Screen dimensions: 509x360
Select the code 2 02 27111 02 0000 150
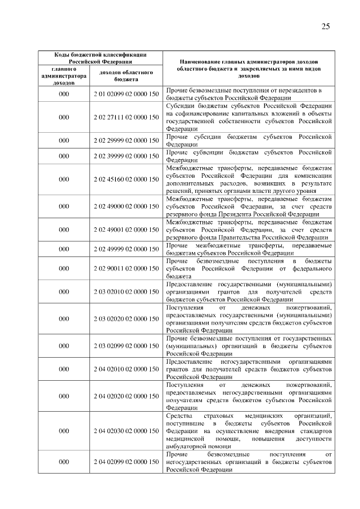pos(127,117)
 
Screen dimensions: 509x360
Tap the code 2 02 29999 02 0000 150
pos(127,140)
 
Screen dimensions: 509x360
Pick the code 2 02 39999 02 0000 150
pos(127,156)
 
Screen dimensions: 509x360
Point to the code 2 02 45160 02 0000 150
pos(127,179)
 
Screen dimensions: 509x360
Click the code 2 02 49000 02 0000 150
pos(127,206)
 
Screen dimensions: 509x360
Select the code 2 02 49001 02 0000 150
pos(127,229)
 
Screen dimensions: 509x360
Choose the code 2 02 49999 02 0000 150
pos(127,249)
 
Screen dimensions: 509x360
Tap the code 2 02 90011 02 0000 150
pos(127,269)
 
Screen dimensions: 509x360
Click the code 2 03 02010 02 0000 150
pos(127,292)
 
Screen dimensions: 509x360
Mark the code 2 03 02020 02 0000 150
pos(127,319)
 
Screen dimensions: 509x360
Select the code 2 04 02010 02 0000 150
pos(127,370)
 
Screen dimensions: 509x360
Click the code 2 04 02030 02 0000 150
pos(127,431)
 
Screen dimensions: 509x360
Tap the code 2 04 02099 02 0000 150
pos(127,462)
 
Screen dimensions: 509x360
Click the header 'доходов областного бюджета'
pos(127,76)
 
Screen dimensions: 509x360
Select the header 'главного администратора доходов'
pos(64,76)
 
